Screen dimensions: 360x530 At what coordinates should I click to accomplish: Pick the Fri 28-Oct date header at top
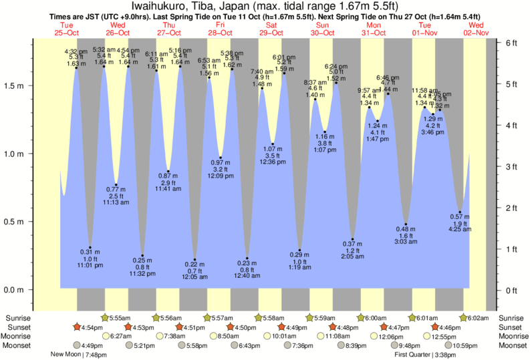pyautogui.click(x=220, y=29)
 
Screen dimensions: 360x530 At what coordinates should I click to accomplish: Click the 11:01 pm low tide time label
pyautogui.click(x=91, y=265)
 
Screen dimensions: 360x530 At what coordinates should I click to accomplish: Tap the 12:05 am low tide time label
pyautogui.click(x=194, y=277)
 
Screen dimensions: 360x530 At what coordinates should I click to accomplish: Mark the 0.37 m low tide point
pyautogui.click(x=353, y=238)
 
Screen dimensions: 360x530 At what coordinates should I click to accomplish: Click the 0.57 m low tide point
pyautogui.click(x=460, y=212)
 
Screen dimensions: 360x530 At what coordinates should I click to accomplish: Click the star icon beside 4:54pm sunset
pyautogui.click(x=77, y=327)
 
